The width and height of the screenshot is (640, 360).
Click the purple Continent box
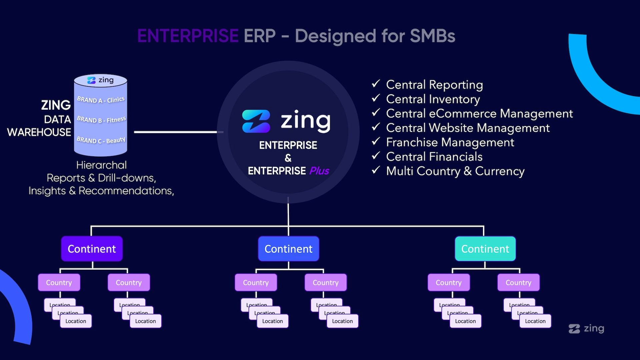pyautogui.click(x=92, y=249)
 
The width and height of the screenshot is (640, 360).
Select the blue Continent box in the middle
pyautogui.click(x=288, y=249)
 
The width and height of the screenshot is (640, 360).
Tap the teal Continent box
pyautogui.click(x=485, y=249)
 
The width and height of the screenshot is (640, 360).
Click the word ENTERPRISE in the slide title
pyautogui.click(x=188, y=36)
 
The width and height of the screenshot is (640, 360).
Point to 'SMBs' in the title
pyautogui.click(x=432, y=36)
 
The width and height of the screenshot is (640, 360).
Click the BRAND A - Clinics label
pyautogui.click(x=101, y=100)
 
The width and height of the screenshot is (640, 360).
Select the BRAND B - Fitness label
pyautogui.click(x=101, y=120)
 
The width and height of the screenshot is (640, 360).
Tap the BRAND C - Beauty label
pyautogui.click(x=101, y=140)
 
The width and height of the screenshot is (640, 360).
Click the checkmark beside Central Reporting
pyautogui.click(x=376, y=84)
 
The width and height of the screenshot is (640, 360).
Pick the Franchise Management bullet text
pyautogui.click(x=450, y=142)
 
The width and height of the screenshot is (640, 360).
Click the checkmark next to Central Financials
pyautogui.click(x=376, y=156)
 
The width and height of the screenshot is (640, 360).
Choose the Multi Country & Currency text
pyautogui.click(x=455, y=171)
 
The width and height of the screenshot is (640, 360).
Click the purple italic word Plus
pyautogui.click(x=319, y=171)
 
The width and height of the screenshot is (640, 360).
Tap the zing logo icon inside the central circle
pyautogui.click(x=256, y=121)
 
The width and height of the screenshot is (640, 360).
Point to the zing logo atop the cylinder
pyautogui.click(x=100, y=80)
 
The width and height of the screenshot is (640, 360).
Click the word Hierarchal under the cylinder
pyautogui.click(x=101, y=165)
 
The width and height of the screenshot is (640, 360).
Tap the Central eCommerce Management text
pyautogui.click(x=479, y=114)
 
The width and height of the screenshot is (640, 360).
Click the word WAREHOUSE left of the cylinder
pyautogui.click(x=39, y=132)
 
